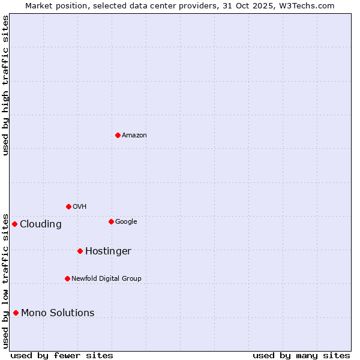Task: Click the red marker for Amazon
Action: click(118, 135)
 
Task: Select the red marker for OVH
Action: click(68, 206)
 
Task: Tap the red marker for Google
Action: click(111, 221)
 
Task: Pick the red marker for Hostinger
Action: click(80, 251)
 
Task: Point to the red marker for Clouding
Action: click(14, 224)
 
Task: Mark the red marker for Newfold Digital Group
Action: click(67, 278)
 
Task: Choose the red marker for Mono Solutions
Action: click(16, 313)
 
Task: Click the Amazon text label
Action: click(134, 136)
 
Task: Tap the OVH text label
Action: click(80, 207)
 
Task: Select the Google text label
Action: click(126, 222)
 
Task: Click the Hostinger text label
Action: click(108, 251)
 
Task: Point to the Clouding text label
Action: click(41, 224)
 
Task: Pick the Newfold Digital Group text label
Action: click(106, 279)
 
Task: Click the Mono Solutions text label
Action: click(58, 313)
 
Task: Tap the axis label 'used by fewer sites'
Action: click(62, 356)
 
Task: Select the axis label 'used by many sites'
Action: click(301, 356)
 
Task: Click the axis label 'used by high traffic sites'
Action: click(5, 86)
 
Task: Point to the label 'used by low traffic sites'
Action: click(5, 280)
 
